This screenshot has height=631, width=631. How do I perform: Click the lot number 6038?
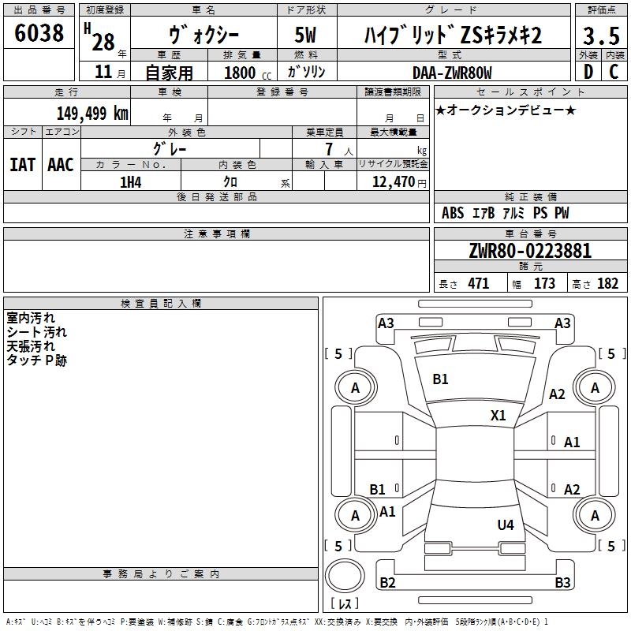click(x=39, y=33)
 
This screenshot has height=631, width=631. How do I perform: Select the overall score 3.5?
click(x=601, y=36)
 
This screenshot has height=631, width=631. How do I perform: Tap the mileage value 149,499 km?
click(x=92, y=113)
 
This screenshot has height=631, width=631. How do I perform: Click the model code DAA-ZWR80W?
click(x=452, y=73)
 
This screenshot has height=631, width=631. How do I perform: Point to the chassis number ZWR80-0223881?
click(x=530, y=251)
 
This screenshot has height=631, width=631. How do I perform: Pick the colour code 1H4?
click(x=131, y=182)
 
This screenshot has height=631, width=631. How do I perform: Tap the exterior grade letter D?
click(x=588, y=72)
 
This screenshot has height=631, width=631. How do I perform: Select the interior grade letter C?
click(x=614, y=72)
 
